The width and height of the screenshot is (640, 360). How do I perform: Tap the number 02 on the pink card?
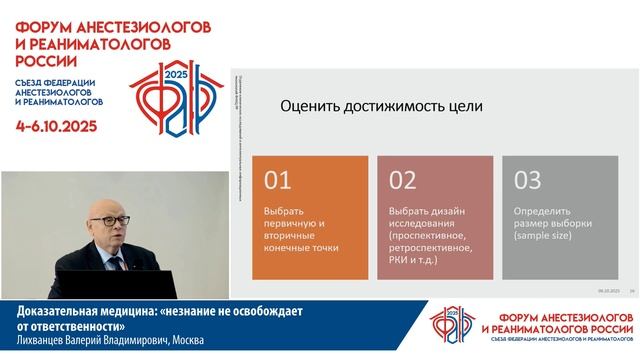tap(403, 181)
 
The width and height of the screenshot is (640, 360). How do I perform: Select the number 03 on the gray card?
tap(526, 181)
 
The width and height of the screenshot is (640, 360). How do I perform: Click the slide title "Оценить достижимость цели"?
tap(381, 106)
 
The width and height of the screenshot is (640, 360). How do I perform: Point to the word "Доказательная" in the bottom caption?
tap(55, 312)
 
